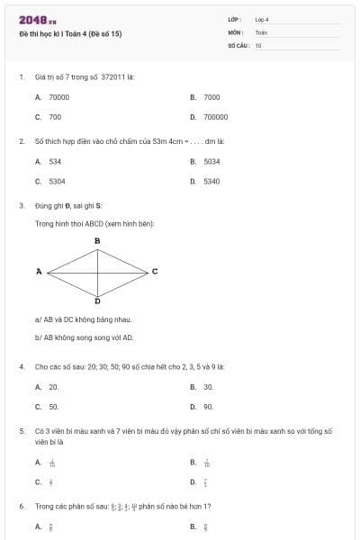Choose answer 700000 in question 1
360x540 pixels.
pyautogui.click(x=215, y=117)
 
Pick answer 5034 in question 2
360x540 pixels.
pyautogui.click(x=211, y=161)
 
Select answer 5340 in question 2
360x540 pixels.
pyautogui.click(x=211, y=181)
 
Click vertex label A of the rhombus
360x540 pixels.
pyautogui.click(x=39, y=270)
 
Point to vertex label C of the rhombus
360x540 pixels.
pyautogui.click(x=155, y=270)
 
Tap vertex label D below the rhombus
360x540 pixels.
pyautogui.click(x=97, y=300)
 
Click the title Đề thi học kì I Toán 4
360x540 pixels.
pyautogui.click(x=70, y=33)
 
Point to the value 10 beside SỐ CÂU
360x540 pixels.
pyautogui.click(x=258, y=44)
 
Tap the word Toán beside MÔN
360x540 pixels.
pyautogui.click(x=261, y=31)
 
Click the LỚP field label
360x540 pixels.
pyautogui.click(x=234, y=19)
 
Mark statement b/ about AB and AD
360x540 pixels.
pyautogui.click(x=84, y=337)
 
